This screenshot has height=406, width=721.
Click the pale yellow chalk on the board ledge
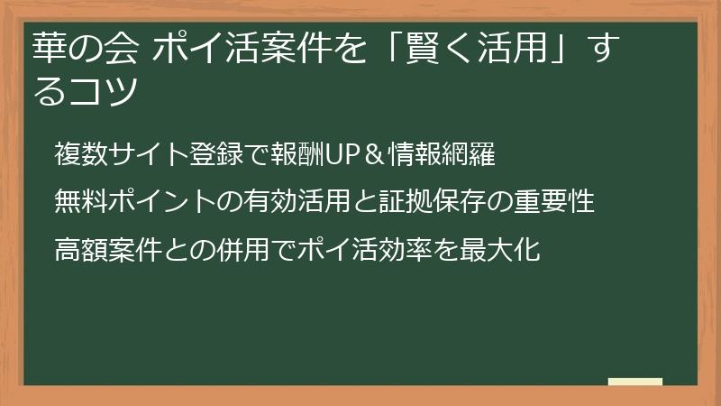click(x=634, y=382)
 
